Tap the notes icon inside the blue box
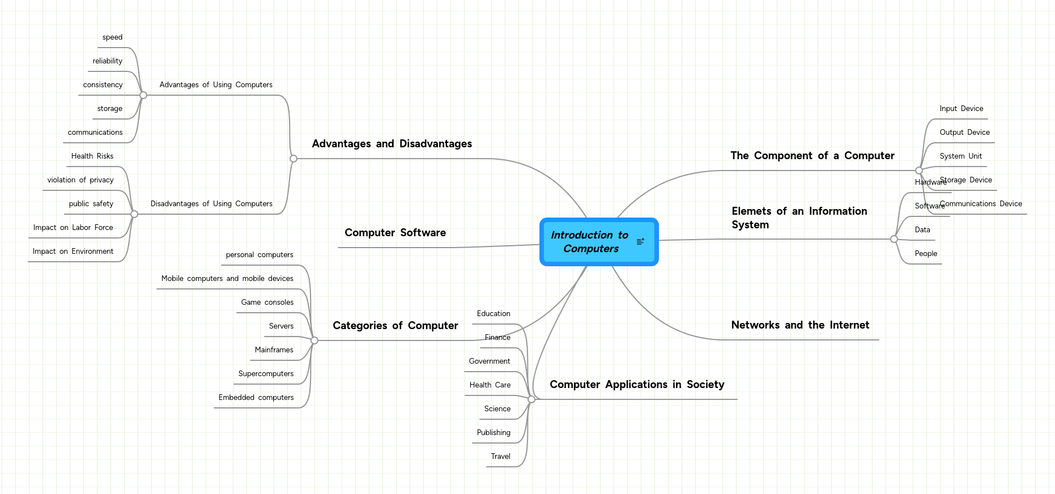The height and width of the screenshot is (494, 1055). click(640, 242)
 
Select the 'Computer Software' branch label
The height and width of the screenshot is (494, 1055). click(395, 233)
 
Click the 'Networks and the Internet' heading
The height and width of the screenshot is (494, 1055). click(799, 325)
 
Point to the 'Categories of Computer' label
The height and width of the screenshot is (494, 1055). click(395, 326)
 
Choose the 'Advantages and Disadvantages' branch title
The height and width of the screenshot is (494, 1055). click(392, 144)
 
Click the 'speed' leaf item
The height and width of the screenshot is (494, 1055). click(112, 37)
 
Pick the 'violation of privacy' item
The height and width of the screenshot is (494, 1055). click(80, 180)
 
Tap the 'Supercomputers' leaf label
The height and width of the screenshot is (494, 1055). click(266, 374)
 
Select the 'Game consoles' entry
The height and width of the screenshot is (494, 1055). click(267, 303)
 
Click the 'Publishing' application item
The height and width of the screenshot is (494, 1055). click(494, 433)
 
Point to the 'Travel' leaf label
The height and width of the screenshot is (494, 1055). click(500, 457)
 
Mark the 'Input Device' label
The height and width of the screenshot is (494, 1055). click(961, 109)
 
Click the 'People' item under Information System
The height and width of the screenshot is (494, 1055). click(926, 254)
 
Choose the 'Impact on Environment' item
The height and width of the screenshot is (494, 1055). click(73, 252)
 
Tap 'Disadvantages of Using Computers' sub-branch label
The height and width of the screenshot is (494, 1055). click(211, 204)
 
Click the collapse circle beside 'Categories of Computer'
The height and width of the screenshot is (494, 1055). click(314, 340)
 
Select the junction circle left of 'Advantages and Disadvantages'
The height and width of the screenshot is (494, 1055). click(293, 159)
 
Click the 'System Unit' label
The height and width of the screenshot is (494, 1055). click(960, 156)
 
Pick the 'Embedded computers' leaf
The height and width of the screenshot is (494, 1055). click(256, 398)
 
